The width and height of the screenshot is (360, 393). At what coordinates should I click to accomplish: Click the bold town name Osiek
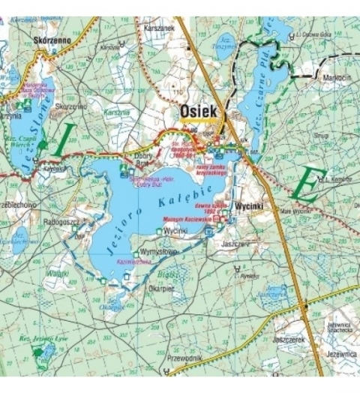pos(198,112)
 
